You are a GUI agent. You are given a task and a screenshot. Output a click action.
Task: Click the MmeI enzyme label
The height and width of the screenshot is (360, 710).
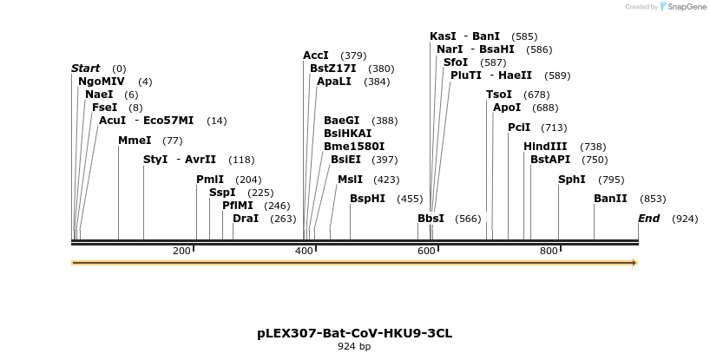[135, 141]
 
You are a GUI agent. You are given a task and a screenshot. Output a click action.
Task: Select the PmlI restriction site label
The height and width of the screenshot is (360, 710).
[210, 180]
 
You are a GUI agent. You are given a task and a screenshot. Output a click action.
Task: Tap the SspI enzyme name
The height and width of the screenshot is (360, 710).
[222, 193]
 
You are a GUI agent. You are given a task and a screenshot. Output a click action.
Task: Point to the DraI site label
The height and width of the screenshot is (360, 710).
[246, 219]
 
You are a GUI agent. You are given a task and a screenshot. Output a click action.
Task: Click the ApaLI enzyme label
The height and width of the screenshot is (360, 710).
[334, 82]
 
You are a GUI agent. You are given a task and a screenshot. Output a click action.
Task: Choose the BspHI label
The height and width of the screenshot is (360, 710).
[367, 199]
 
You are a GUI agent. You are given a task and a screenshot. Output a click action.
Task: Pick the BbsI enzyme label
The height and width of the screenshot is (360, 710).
[431, 219]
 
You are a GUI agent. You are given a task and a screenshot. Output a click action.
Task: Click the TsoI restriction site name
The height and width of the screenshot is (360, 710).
[499, 95]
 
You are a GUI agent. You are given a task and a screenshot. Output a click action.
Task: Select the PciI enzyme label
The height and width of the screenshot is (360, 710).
[519, 128]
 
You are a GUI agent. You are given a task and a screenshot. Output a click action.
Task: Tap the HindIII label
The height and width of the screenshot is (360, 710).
[545, 147]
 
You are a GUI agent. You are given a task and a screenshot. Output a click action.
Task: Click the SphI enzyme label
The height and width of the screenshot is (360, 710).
[572, 180]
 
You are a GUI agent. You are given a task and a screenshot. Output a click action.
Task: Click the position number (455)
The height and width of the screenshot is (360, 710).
[410, 199]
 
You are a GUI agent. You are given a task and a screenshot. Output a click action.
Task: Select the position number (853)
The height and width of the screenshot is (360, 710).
[653, 199]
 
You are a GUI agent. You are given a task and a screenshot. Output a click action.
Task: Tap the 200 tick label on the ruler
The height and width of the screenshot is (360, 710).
[181, 251]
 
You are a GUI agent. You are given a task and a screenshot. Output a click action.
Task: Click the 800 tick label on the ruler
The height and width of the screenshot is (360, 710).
[549, 251]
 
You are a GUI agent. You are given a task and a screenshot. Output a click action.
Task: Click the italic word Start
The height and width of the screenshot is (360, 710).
[86, 69]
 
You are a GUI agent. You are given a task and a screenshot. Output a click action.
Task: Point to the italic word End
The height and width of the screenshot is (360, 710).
[649, 219]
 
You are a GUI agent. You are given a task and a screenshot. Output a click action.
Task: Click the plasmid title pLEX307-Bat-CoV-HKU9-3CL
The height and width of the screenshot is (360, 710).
[354, 333]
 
